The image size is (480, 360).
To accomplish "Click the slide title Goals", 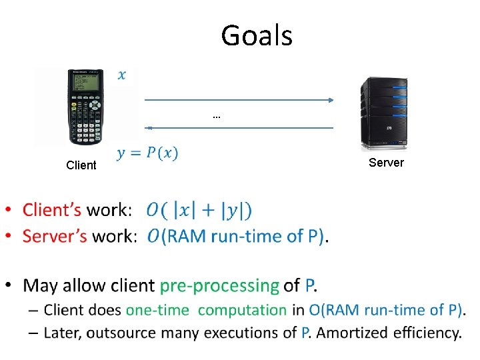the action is [257, 35].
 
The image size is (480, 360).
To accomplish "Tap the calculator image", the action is [87, 107].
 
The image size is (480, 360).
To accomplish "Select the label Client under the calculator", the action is [81, 165].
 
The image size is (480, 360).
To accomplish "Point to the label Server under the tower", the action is [386, 163].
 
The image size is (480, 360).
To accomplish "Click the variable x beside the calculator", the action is [121, 75].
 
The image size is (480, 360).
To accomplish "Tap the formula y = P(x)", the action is [147, 153].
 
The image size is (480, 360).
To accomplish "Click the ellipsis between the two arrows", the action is [216, 117].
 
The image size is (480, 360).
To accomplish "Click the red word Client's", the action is [52, 211].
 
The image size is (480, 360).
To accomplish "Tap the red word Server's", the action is [55, 236].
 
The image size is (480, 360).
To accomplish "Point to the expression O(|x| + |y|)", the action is [199, 211].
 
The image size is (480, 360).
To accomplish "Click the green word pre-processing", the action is [219, 286].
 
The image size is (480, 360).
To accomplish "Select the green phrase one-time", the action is [159, 310].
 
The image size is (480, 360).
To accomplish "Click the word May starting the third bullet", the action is [39, 286].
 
